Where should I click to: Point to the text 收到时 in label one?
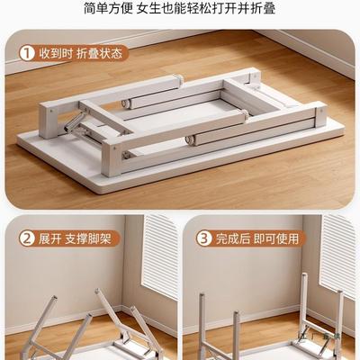click(61, 52)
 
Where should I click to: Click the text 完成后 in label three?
click(234, 239)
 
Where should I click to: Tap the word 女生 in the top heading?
click(163, 10)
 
